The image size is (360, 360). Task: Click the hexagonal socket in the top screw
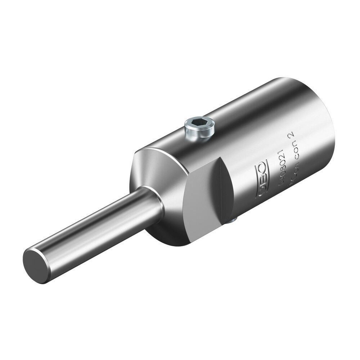point(199,125)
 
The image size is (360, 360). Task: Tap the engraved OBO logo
point(261,179)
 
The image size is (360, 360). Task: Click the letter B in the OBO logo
point(261,179)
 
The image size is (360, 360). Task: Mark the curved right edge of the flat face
point(227,191)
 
